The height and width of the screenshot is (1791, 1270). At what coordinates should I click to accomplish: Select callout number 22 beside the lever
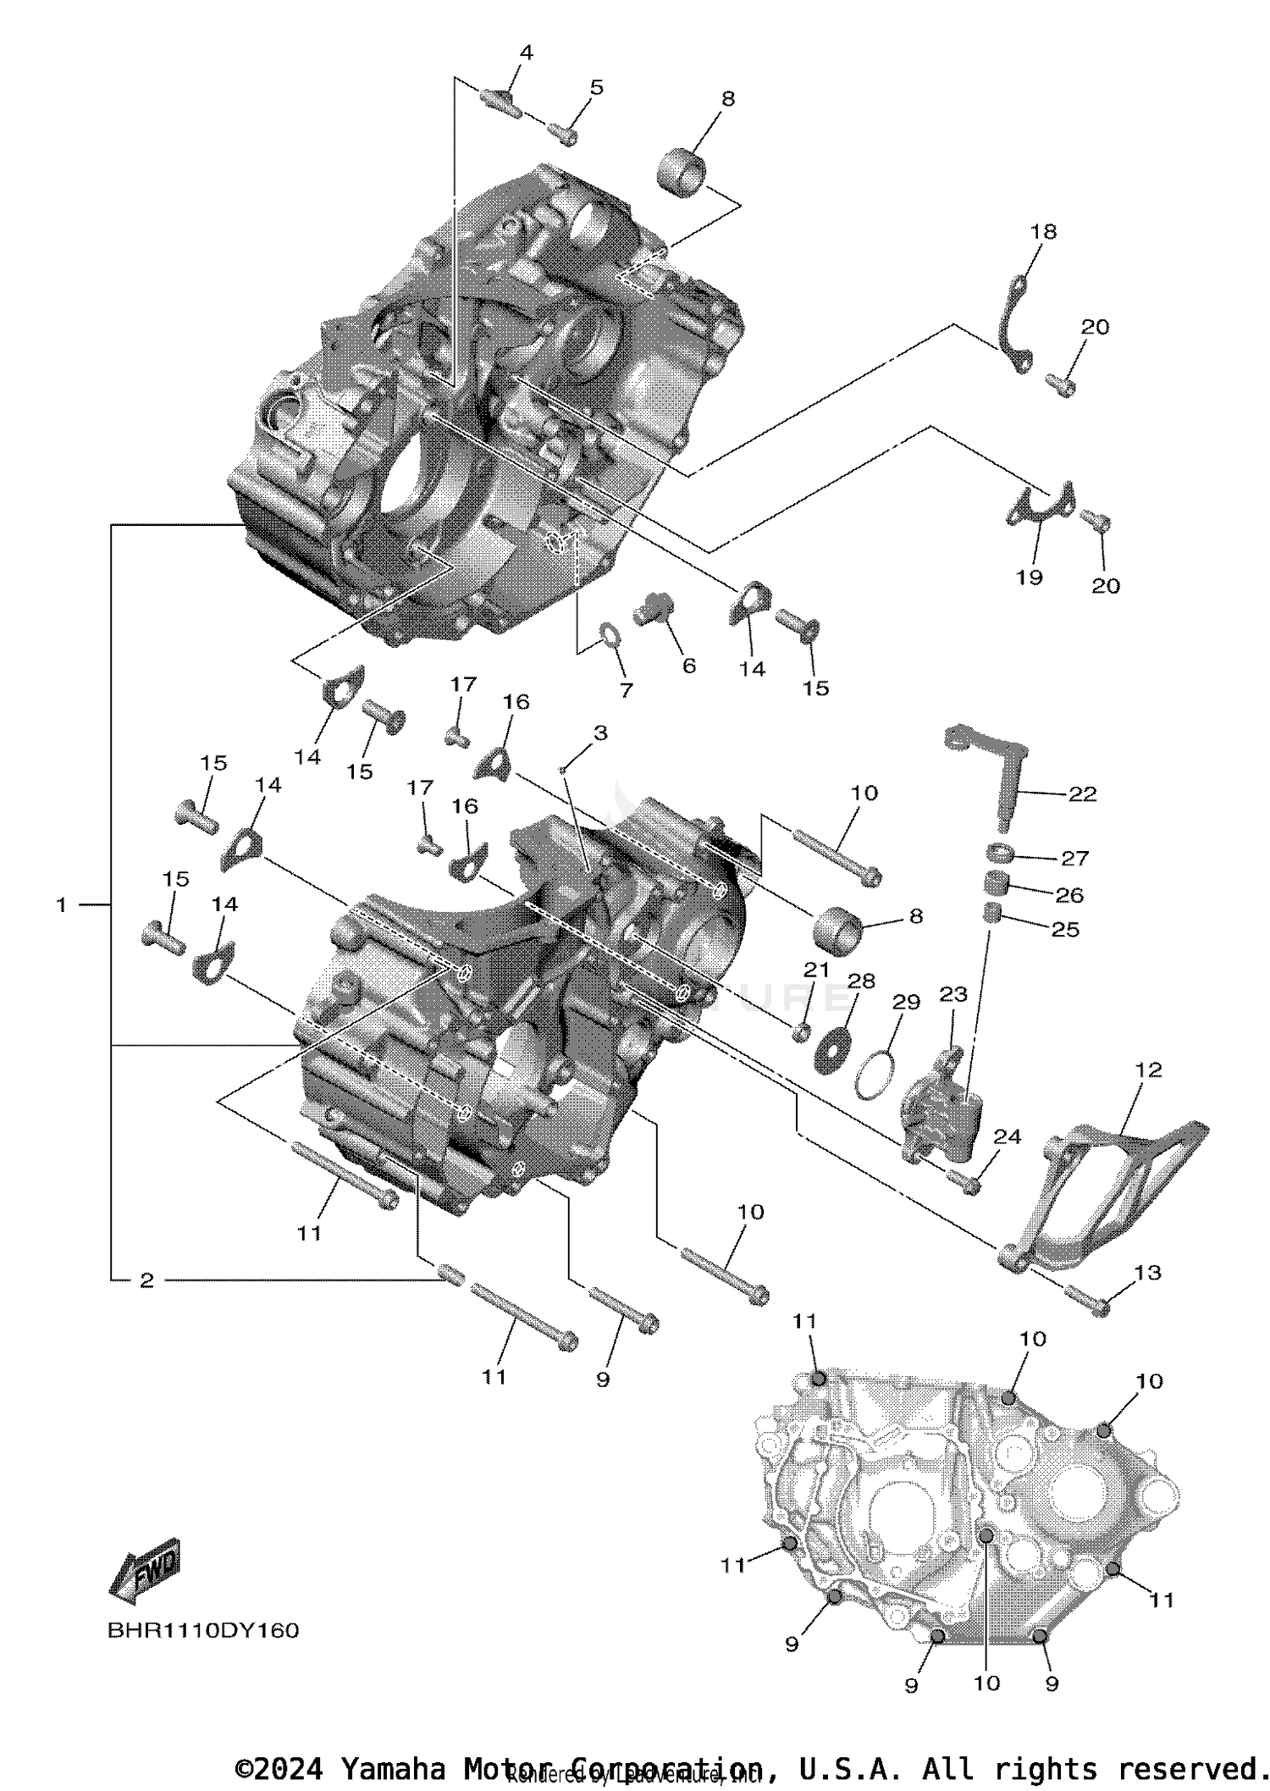tap(1082, 793)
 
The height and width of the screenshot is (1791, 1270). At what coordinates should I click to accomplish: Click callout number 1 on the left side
tap(61, 905)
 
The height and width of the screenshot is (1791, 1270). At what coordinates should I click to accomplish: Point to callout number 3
tap(600, 733)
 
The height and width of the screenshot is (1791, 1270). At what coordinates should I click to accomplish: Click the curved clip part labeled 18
tap(1013, 320)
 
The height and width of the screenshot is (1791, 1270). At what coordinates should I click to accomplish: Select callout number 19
tap(1029, 578)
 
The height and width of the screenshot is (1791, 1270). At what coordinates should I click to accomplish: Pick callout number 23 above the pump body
tap(953, 994)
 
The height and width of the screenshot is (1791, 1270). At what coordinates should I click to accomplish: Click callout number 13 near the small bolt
tap(1147, 1272)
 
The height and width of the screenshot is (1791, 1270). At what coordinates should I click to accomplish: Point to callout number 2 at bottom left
tap(146, 1280)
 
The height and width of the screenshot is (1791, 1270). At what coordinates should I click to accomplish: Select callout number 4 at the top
tap(526, 53)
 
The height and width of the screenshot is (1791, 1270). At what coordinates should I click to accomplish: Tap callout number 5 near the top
tap(597, 87)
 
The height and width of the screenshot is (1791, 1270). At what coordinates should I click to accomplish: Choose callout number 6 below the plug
tap(688, 666)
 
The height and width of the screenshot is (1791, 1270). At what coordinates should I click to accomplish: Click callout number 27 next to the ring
tap(1074, 858)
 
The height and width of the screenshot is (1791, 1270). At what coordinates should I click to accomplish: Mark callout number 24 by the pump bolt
tap(1008, 1136)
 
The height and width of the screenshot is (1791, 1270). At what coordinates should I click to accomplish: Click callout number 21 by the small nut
tap(816, 970)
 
